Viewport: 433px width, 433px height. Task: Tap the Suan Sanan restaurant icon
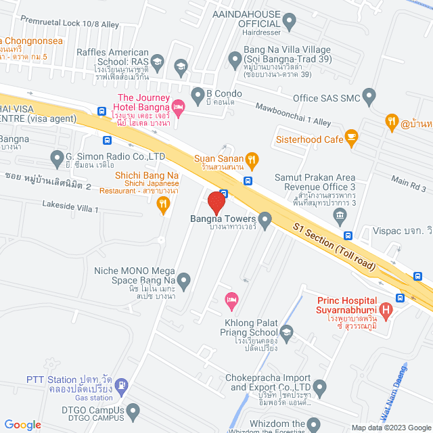pyautogui.click(x=251, y=160)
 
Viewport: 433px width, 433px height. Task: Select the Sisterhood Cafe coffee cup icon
pyautogui.click(x=350, y=139)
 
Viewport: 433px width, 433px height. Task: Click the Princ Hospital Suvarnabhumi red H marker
pyautogui.click(x=386, y=311)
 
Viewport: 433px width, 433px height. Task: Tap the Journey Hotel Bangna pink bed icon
pyautogui.click(x=179, y=106)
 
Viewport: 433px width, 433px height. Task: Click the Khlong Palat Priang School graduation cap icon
pyautogui.click(x=287, y=332)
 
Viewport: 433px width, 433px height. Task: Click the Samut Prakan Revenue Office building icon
pyautogui.click(x=340, y=216)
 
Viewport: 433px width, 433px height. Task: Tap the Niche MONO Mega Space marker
pyautogui.click(x=183, y=279)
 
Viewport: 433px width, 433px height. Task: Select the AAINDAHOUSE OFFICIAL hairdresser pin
pyautogui.click(x=290, y=23)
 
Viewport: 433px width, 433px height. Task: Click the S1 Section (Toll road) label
pyautogui.click(x=334, y=246)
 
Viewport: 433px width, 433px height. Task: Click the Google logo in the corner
pyautogui.click(x=22, y=424)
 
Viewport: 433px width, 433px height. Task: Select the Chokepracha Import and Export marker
pyautogui.click(x=320, y=388)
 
